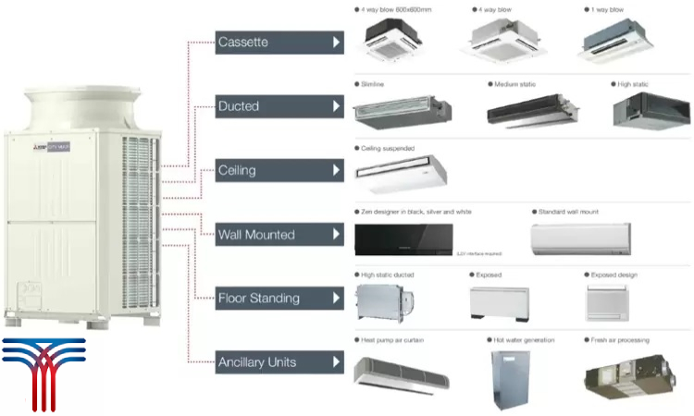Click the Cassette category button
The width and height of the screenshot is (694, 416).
[x=279, y=43]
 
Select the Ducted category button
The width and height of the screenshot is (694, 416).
[x=279, y=106]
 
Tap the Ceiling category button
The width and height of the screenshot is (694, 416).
[x=279, y=170]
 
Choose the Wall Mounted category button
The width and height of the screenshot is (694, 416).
[x=279, y=234]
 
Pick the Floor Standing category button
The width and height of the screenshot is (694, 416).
[x=279, y=298]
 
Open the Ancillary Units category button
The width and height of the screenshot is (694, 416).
[x=279, y=361]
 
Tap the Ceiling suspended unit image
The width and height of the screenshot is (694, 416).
[x=401, y=172]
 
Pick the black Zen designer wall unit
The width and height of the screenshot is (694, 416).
[x=404, y=239]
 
